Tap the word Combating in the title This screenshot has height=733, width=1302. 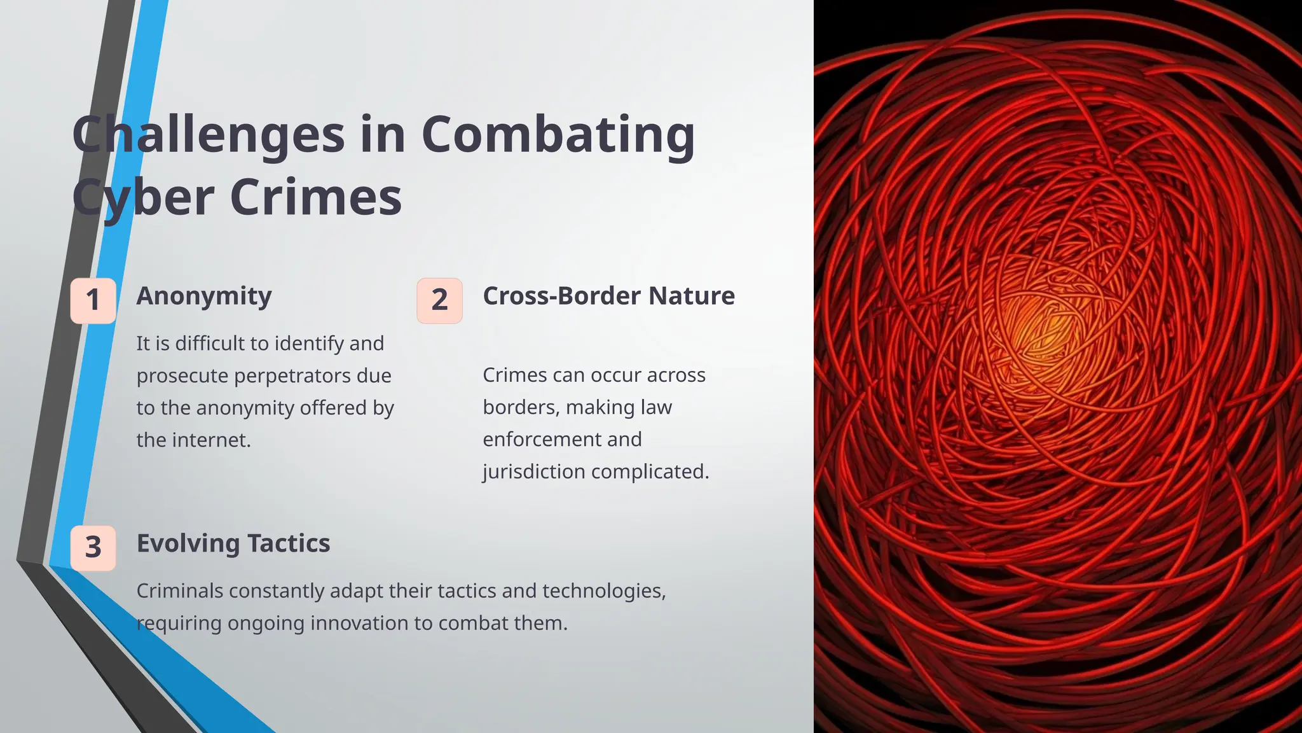click(558, 135)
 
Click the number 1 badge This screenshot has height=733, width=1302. click(93, 300)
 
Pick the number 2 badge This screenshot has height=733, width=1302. click(439, 300)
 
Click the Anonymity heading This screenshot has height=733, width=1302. click(204, 296)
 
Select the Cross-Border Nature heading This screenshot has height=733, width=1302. click(608, 296)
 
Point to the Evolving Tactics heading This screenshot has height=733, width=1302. click(233, 543)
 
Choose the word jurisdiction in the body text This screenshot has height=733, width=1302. click(533, 472)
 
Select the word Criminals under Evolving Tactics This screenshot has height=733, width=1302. click(179, 591)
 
